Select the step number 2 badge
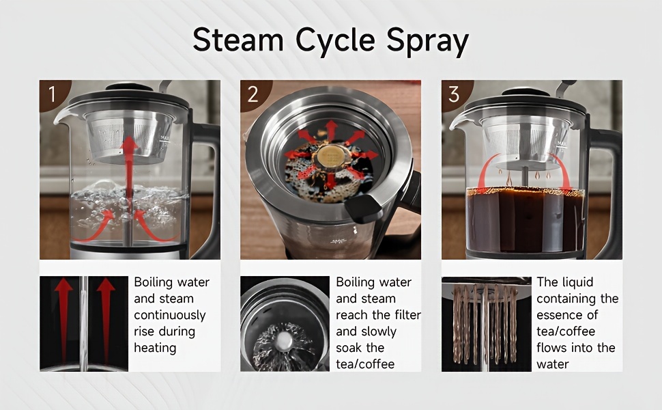253,94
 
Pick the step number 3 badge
454,94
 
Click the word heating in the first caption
155,348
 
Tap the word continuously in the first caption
169,315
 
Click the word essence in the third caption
559,315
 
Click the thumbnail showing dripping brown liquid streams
486,323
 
